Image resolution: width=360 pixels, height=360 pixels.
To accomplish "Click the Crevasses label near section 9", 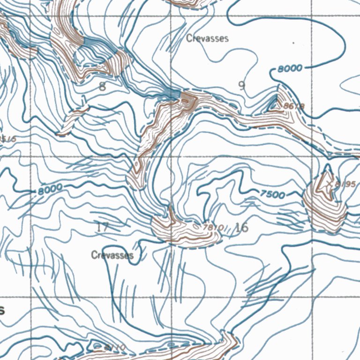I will [207, 38].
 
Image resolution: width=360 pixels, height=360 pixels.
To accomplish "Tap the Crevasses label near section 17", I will [112, 255].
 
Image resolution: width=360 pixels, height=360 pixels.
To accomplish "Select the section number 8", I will [103, 86].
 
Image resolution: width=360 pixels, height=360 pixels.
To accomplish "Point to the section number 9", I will [241, 85].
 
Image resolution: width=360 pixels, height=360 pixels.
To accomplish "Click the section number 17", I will [102, 228].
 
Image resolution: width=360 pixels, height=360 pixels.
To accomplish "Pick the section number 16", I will [241, 228].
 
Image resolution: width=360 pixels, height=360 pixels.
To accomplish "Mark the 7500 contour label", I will [271, 194].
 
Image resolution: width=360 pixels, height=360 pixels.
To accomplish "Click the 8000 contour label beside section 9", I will [290, 68].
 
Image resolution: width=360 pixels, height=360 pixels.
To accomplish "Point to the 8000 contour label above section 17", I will [50, 190].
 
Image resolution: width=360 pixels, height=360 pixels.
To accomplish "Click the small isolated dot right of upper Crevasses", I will [293, 43].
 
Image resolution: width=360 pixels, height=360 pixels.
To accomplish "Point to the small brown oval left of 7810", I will [162, 224].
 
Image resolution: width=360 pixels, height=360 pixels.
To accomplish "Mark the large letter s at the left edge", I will [2, 310].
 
